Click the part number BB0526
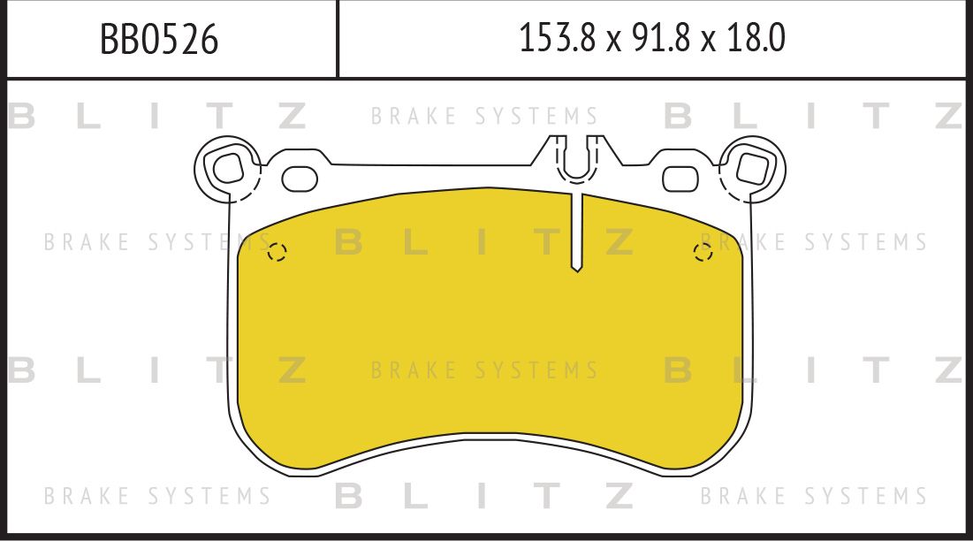159,40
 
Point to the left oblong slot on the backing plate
300,178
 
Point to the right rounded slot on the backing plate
680,178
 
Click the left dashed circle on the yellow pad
277,253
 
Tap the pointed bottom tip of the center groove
576,268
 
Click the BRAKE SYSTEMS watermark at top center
484,117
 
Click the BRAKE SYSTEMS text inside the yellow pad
484,370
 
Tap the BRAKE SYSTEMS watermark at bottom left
157,496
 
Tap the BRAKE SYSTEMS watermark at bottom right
813,496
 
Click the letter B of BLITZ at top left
21,116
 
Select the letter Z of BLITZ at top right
946,116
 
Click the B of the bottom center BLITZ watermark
349,496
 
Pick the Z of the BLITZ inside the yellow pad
620,242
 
